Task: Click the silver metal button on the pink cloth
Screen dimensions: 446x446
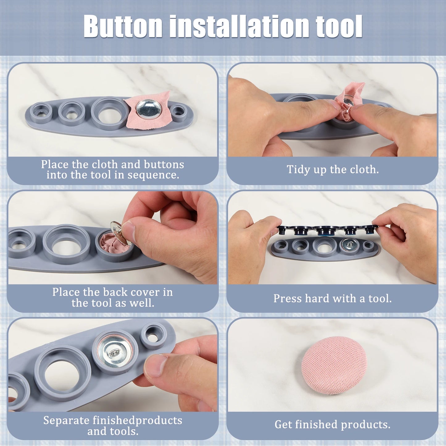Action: [148, 109]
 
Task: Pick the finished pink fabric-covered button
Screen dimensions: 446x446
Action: [334, 365]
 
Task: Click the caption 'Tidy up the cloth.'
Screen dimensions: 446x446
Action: [332, 169]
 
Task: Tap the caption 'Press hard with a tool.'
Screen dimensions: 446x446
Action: [332, 298]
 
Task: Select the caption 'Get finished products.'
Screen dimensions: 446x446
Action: [332, 424]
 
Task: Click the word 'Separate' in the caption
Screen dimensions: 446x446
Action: [66, 420]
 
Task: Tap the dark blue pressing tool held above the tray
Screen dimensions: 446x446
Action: [327, 230]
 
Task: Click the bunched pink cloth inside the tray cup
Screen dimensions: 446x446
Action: [111, 243]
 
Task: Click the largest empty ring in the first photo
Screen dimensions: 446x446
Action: [110, 114]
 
